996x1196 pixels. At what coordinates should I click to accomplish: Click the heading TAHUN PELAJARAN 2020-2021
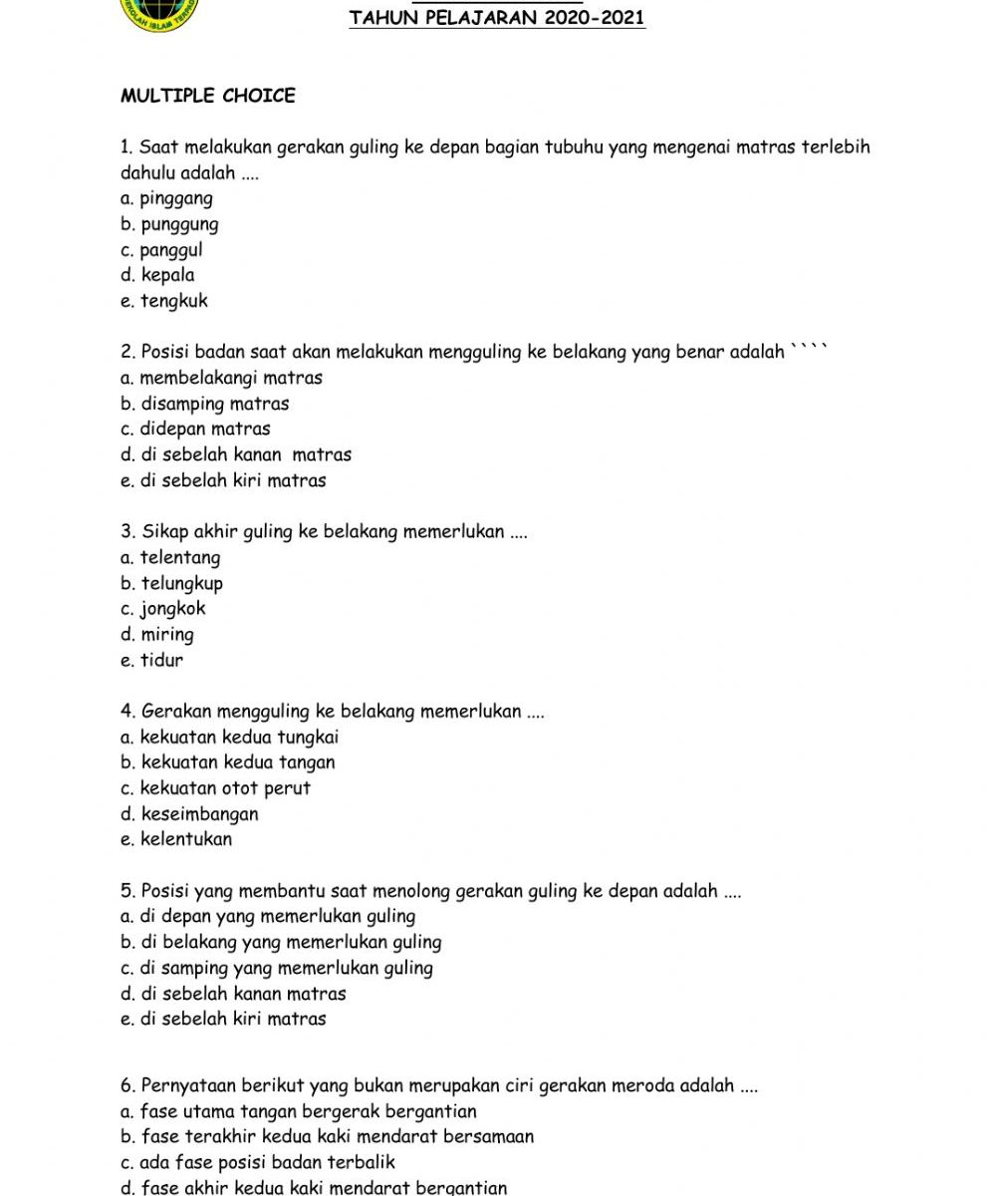click(x=497, y=18)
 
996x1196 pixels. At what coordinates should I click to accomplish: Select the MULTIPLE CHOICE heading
click(x=208, y=97)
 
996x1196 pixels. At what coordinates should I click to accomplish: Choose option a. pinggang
click(x=166, y=198)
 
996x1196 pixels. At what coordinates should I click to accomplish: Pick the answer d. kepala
click(x=157, y=275)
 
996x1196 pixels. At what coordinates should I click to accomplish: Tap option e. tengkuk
click(x=164, y=301)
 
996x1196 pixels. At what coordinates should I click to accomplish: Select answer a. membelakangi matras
click(x=221, y=378)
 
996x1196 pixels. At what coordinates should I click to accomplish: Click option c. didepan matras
click(x=195, y=430)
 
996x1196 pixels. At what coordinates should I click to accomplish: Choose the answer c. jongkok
click(x=163, y=609)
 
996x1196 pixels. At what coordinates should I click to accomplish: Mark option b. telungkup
click(x=171, y=583)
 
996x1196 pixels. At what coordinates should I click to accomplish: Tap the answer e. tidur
click(x=151, y=660)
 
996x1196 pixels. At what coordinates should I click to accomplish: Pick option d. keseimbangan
click(x=189, y=814)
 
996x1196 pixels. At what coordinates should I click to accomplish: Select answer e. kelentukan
click(x=176, y=839)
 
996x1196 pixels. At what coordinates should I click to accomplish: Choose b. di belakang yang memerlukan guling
click(x=281, y=942)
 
